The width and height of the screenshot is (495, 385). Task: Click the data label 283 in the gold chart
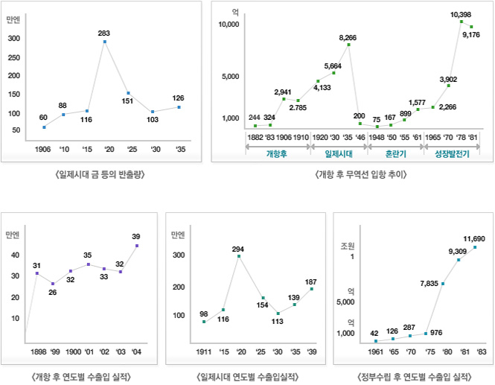(x=104, y=33)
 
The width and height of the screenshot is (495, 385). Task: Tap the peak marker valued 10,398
(x=462, y=21)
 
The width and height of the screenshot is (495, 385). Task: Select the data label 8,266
(x=348, y=36)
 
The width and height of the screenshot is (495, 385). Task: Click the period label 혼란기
(x=396, y=154)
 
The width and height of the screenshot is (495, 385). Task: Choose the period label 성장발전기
(x=452, y=154)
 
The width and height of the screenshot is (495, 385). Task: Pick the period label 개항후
(x=277, y=154)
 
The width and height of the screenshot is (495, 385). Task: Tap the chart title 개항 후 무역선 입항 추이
(x=362, y=174)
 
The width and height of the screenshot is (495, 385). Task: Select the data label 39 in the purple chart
(x=136, y=236)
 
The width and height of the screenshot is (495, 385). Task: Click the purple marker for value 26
(x=52, y=284)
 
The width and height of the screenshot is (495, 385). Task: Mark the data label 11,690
(x=474, y=238)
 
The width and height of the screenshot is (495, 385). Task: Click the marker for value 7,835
(x=443, y=284)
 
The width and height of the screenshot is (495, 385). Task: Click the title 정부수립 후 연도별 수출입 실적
(x=415, y=377)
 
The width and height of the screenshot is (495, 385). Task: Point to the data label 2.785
(x=298, y=108)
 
